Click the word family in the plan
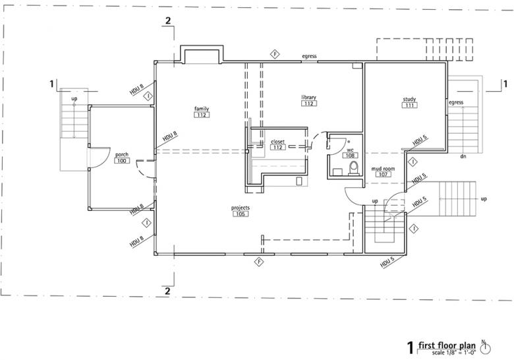(x=201, y=108)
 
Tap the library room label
(x=309, y=98)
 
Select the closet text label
(x=277, y=141)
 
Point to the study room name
(x=409, y=100)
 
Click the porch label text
(x=121, y=155)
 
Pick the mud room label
(x=383, y=169)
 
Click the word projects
(x=240, y=208)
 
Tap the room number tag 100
(x=121, y=161)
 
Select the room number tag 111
(x=409, y=105)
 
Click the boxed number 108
(x=351, y=156)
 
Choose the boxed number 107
(x=382, y=175)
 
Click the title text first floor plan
(x=449, y=345)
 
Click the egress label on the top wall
(x=309, y=57)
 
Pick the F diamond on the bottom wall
(x=260, y=262)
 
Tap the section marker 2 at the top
(x=168, y=20)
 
